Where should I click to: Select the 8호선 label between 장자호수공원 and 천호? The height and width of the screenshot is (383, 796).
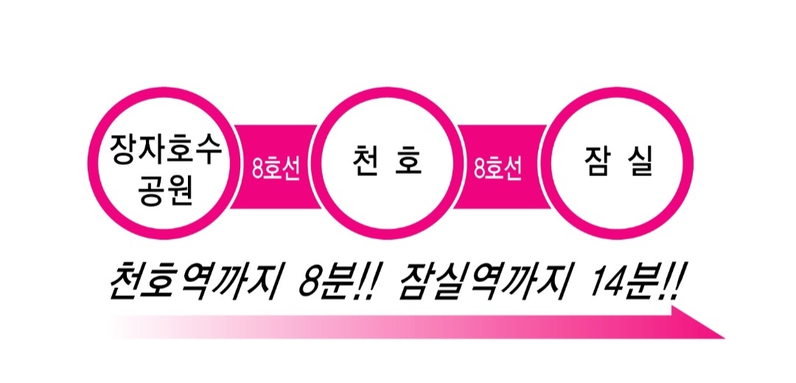tap(276, 169)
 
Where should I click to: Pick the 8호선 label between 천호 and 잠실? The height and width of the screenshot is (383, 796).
tap(498, 169)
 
